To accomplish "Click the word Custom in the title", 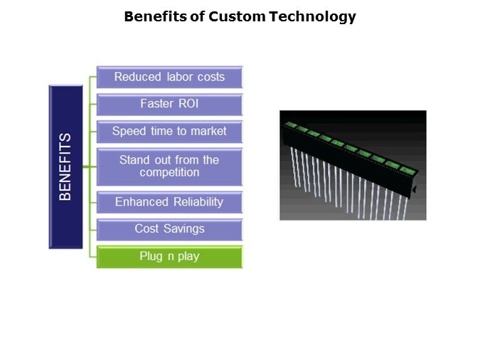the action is (x=237, y=16).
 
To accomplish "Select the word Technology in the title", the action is (x=313, y=17).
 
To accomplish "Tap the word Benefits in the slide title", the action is (x=155, y=16).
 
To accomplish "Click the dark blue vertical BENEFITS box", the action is (x=65, y=166).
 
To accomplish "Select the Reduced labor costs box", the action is (x=169, y=77).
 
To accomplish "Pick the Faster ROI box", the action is (x=169, y=104).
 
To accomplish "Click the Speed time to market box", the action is (x=169, y=132).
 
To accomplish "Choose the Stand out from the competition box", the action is (x=169, y=166).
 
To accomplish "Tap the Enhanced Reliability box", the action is (x=169, y=202).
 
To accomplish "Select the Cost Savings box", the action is (x=169, y=229).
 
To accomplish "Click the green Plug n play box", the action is (x=169, y=257).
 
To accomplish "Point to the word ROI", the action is (x=188, y=104).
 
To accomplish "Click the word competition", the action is (x=169, y=173).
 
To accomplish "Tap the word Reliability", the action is (x=198, y=202).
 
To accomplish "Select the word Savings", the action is (x=183, y=229).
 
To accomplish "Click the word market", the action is (x=208, y=131).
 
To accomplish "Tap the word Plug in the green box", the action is (x=151, y=256).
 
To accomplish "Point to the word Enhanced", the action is (x=142, y=202).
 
